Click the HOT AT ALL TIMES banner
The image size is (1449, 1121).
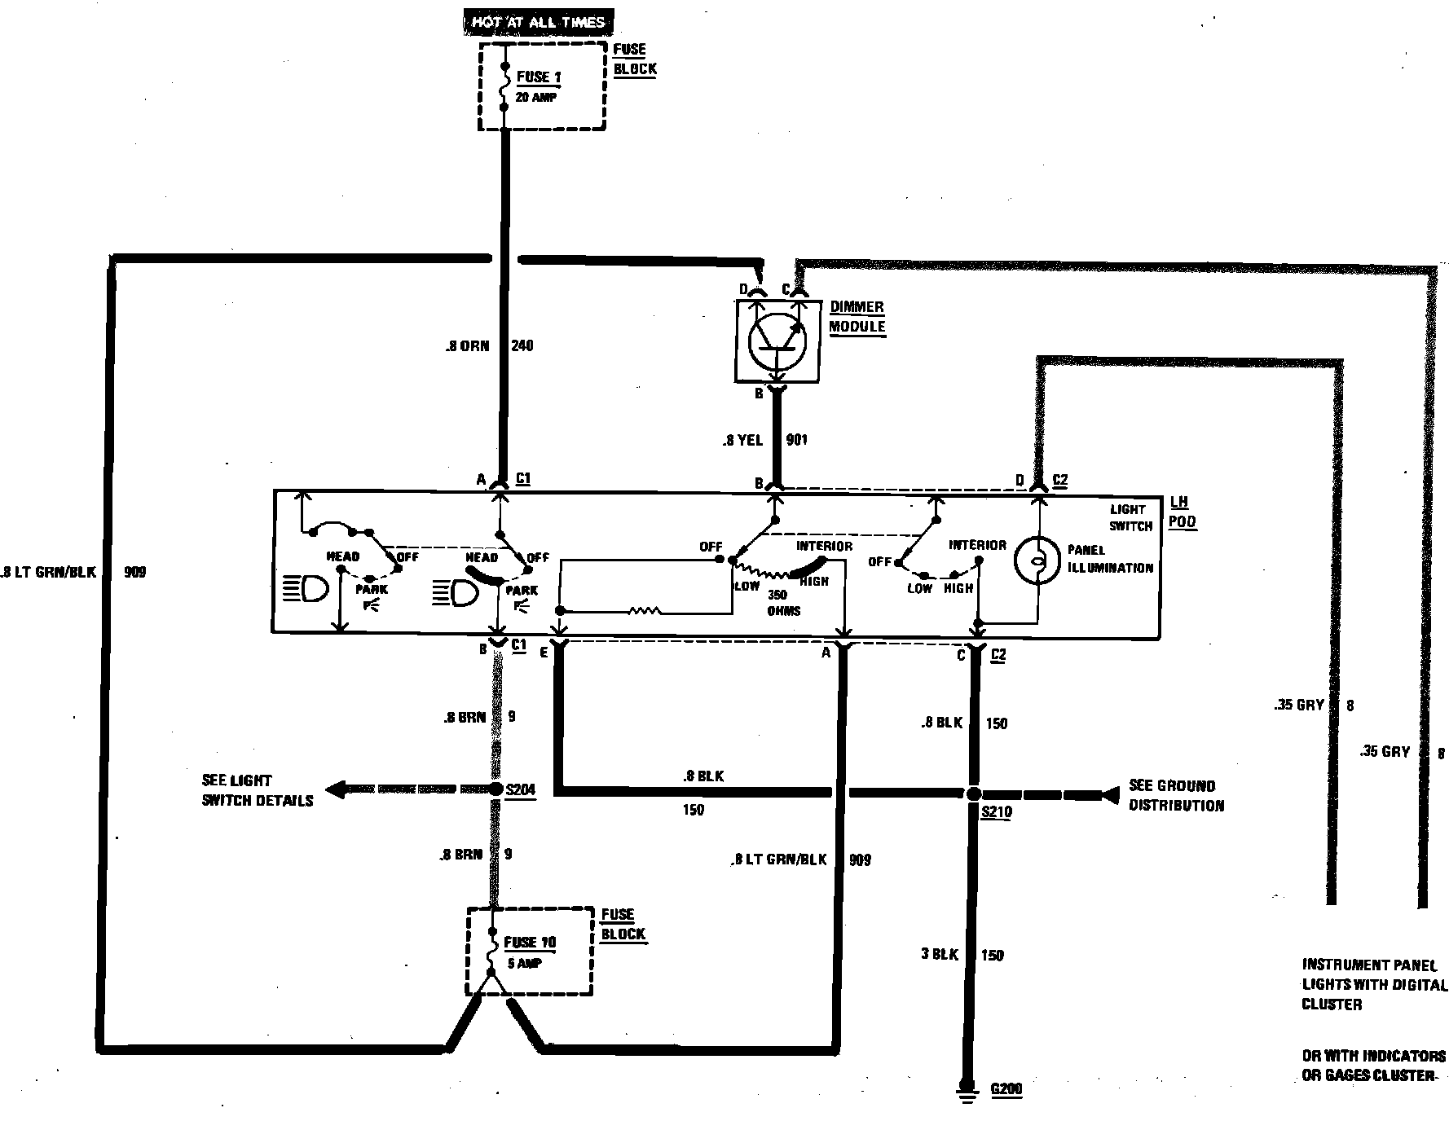(538, 21)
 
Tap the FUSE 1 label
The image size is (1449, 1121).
(539, 77)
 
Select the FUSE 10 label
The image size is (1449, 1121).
(530, 943)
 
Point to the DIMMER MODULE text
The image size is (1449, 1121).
(857, 317)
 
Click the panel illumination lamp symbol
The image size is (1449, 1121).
(1037, 560)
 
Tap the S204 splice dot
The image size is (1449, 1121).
(495, 789)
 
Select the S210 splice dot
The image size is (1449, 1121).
(973, 793)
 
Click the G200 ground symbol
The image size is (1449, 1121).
(967, 1090)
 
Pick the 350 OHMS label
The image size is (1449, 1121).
(783, 603)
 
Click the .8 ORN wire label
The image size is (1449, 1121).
(467, 346)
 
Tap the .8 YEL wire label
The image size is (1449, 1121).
(742, 441)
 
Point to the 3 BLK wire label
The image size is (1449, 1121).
(940, 954)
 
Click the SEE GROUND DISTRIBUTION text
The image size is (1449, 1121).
(1176, 796)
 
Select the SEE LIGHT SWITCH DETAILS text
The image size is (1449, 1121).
(258, 790)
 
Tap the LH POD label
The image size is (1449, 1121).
(1182, 512)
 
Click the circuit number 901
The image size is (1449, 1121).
(796, 440)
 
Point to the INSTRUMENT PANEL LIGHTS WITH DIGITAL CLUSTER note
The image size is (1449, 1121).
(1374, 984)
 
